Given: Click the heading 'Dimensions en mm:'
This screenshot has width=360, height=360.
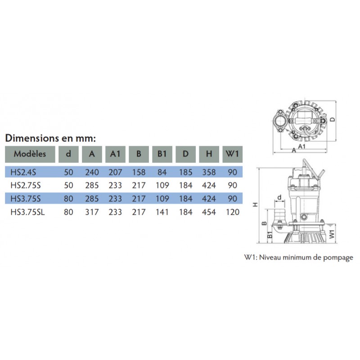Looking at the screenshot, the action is (50, 138).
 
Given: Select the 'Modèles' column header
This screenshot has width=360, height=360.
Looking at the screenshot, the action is (30, 154).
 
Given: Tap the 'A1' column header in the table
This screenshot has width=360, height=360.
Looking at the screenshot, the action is (115, 154).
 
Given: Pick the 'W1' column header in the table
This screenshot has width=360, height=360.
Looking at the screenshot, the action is (232, 154).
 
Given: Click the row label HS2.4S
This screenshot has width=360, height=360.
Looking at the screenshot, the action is (23, 172).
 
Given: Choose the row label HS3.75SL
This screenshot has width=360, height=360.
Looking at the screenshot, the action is (27, 212).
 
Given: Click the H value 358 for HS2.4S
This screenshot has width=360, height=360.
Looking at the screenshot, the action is (209, 172).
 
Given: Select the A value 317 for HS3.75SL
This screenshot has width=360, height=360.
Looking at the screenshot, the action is (92, 212).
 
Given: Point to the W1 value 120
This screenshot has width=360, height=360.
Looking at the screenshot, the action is (233, 212).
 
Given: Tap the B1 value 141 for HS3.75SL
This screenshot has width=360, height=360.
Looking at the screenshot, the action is (162, 212).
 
